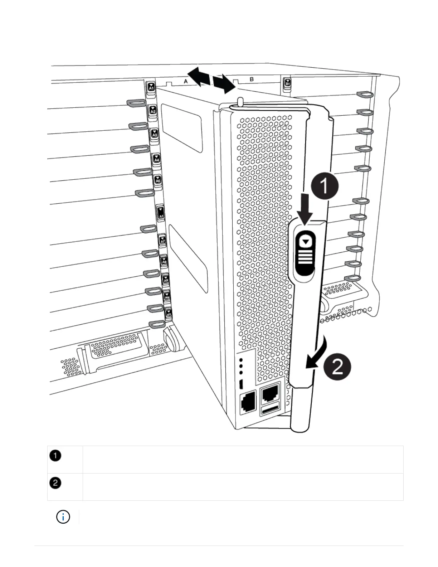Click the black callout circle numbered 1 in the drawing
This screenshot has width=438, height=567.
point(324,186)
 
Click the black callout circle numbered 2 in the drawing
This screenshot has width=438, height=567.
point(337,367)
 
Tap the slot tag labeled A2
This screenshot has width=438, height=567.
point(153,110)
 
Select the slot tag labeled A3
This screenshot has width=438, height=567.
point(155,134)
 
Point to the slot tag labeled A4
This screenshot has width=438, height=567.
point(156,159)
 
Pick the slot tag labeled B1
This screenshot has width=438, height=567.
point(287,83)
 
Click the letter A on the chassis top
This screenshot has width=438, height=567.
point(186,81)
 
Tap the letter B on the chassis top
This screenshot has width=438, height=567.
point(252,79)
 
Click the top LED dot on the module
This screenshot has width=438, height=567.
point(241,360)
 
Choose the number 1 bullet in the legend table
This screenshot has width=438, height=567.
point(55,456)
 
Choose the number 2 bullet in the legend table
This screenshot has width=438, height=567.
point(55,483)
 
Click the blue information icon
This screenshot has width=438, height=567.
point(63,517)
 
